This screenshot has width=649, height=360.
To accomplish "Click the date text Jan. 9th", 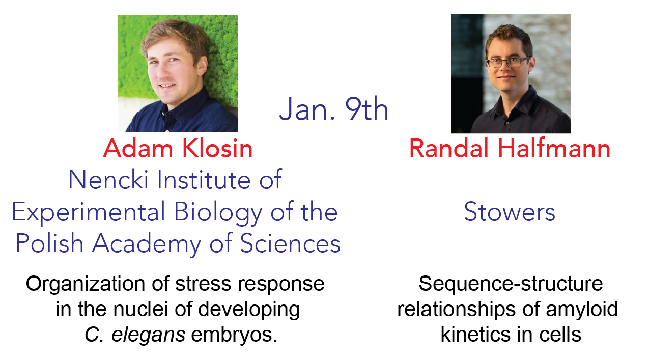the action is (333, 108).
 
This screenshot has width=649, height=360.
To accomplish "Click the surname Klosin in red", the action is (217, 148).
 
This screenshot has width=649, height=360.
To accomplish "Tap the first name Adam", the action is (138, 148).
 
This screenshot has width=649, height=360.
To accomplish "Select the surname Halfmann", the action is (554, 148).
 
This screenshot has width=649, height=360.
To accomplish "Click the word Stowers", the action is (510, 212).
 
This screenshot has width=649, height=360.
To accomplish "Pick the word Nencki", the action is (108, 179).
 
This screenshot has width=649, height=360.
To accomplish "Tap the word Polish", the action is (49, 243).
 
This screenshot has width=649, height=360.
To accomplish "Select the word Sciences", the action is (290, 243).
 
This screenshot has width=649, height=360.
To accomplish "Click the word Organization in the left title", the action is (86, 285).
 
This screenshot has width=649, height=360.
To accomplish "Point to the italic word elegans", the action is (148, 336).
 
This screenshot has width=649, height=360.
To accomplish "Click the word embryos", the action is (234, 336).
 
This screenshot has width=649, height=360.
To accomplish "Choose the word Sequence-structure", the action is (511, 285).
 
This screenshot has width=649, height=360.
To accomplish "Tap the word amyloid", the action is (582, 310).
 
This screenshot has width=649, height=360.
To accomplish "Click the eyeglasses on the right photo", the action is (507, 63).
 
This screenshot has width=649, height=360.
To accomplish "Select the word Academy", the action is (147, 244).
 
